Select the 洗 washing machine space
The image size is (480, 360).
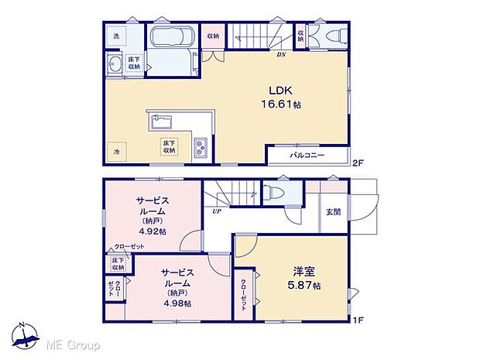coord(117,37)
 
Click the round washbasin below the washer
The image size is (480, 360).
coord(115,66)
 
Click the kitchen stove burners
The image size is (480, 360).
coord(200,146)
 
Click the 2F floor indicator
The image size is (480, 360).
coord(358,163)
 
